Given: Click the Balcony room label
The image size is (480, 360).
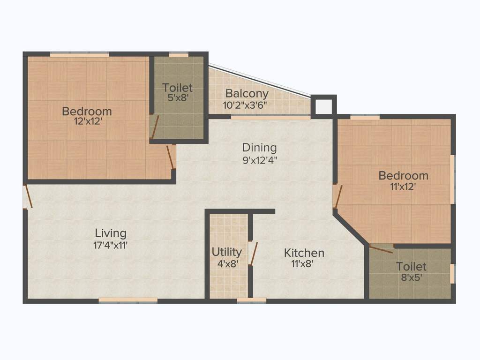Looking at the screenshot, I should [x=247, y=93].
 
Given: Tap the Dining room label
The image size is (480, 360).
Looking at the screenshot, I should [x=259, y=148].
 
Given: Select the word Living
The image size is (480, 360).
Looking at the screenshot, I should [x=111, y=232].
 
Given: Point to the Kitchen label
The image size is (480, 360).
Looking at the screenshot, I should [x=304, y=253].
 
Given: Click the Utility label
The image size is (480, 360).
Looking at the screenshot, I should [x=226, y=252].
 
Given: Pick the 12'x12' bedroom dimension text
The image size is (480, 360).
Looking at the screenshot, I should [x=87, y=121].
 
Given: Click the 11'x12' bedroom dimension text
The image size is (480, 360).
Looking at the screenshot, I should [x=403, y=186].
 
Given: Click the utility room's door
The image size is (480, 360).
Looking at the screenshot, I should [x=253, y=253].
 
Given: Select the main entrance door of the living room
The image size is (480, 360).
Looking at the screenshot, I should [x=28, y=196].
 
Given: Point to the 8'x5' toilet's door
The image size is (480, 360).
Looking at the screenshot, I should [x=381, y=249].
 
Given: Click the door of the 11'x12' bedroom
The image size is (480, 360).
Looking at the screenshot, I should [x=337, y=196].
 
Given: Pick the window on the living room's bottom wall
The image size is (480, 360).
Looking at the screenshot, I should [x=127, y=300].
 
